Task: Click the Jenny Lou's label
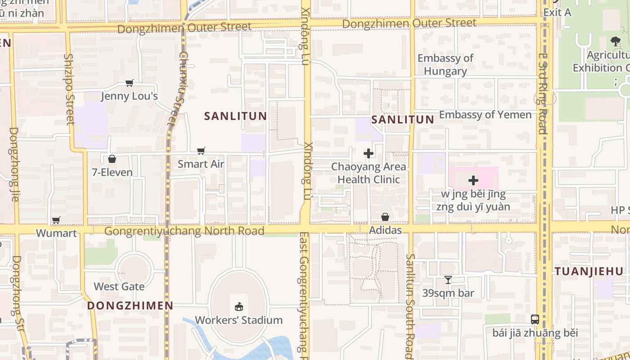point(129,96)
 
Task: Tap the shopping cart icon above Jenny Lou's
point(130,83)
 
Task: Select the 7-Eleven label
point(112,172)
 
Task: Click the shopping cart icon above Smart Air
point(201,151)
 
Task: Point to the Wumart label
point(56,233)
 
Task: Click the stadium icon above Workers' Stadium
point(238,307)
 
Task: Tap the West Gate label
point(119,286)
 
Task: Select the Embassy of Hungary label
point(445,64)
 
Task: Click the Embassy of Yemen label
point(485,114)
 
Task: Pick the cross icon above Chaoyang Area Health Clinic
point(369,153)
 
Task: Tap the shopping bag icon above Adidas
point(385,217)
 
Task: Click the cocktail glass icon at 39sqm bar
point(448,280)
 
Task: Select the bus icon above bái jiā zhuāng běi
point(535,319)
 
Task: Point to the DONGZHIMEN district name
point(130,306)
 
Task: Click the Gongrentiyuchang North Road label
point(184,231)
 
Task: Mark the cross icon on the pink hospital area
point(473,180)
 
